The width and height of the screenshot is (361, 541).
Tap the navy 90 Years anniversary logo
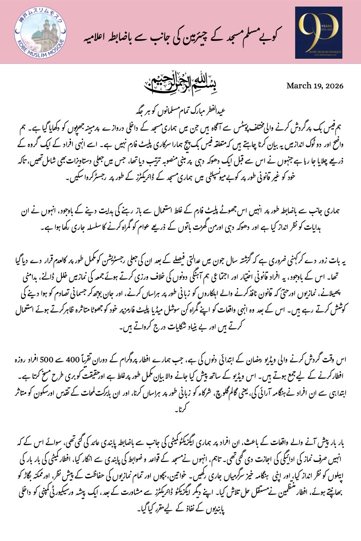point(318,32)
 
